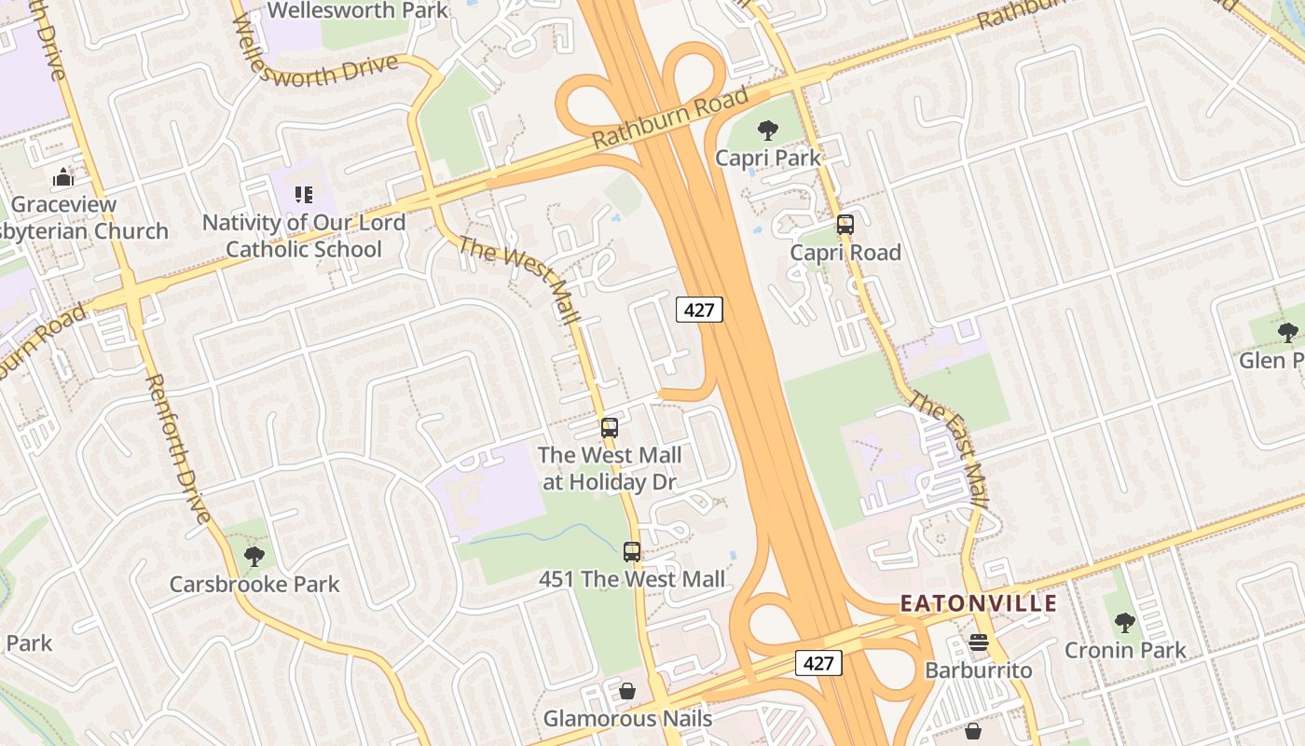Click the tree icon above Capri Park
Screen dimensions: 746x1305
[768, 131]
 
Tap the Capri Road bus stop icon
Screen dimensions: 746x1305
[845, 225]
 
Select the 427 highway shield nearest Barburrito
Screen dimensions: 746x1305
[817, 663]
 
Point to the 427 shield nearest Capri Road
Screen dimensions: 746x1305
[699, 310]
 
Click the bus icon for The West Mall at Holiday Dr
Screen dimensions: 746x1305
[610, 428]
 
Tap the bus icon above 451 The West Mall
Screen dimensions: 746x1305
[632, 552]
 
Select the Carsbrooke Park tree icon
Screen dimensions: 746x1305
[254, 557]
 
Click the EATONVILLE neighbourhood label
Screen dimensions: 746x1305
[979, 603]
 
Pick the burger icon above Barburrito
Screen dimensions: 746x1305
[978, 642]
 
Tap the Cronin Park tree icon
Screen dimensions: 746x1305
[1125, 622]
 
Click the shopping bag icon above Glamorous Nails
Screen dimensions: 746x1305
[627, 691]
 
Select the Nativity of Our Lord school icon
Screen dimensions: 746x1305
[304, 195]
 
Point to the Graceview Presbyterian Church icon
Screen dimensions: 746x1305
[63, 177]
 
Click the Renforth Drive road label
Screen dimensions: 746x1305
[176, 448]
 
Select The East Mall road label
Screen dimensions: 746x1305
[948, 449]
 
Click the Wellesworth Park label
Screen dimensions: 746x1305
[358, 11]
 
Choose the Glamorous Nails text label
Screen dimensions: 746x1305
[627, 719]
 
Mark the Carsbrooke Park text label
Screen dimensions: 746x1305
[254, 585]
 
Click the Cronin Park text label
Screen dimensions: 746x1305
[1125, 650]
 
